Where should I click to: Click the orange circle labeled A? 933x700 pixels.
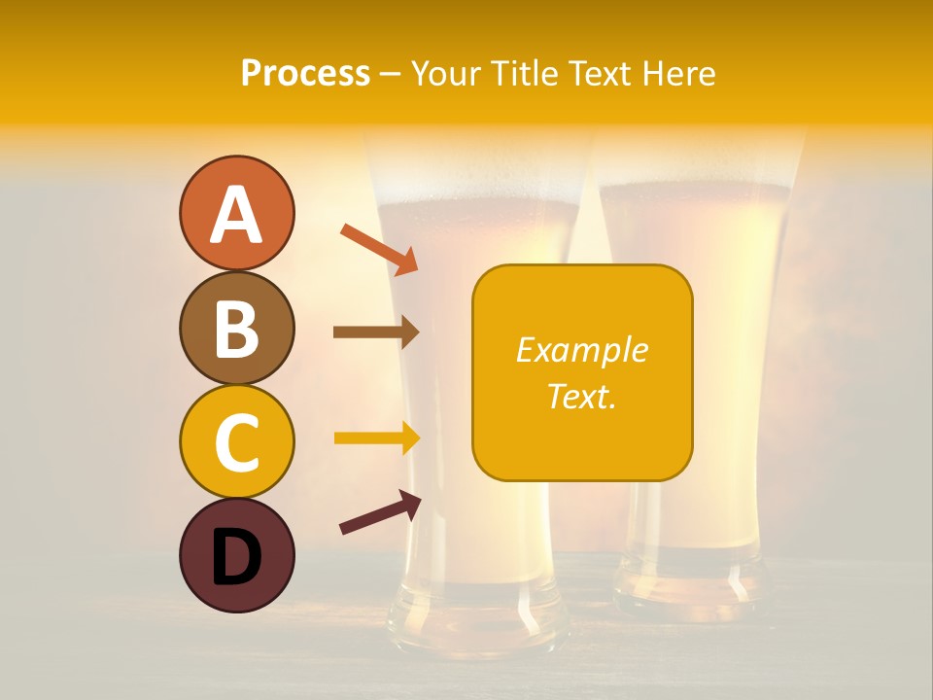point(236,213)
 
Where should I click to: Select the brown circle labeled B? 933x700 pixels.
point(236,328)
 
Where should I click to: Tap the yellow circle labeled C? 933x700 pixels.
point(236,441)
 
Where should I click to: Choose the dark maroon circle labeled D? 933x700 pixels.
point(236,555)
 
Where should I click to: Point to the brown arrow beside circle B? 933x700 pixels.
point(375,332)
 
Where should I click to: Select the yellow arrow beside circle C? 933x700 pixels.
point(376,437)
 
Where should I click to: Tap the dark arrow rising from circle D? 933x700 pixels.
point(380,513)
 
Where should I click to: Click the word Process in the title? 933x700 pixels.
point(305,74)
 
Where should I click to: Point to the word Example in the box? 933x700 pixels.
point(582,350)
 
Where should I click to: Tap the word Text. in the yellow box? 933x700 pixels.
point(582,396)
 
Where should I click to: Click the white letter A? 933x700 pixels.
point(236,215)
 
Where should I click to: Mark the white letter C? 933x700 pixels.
point(236,442)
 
